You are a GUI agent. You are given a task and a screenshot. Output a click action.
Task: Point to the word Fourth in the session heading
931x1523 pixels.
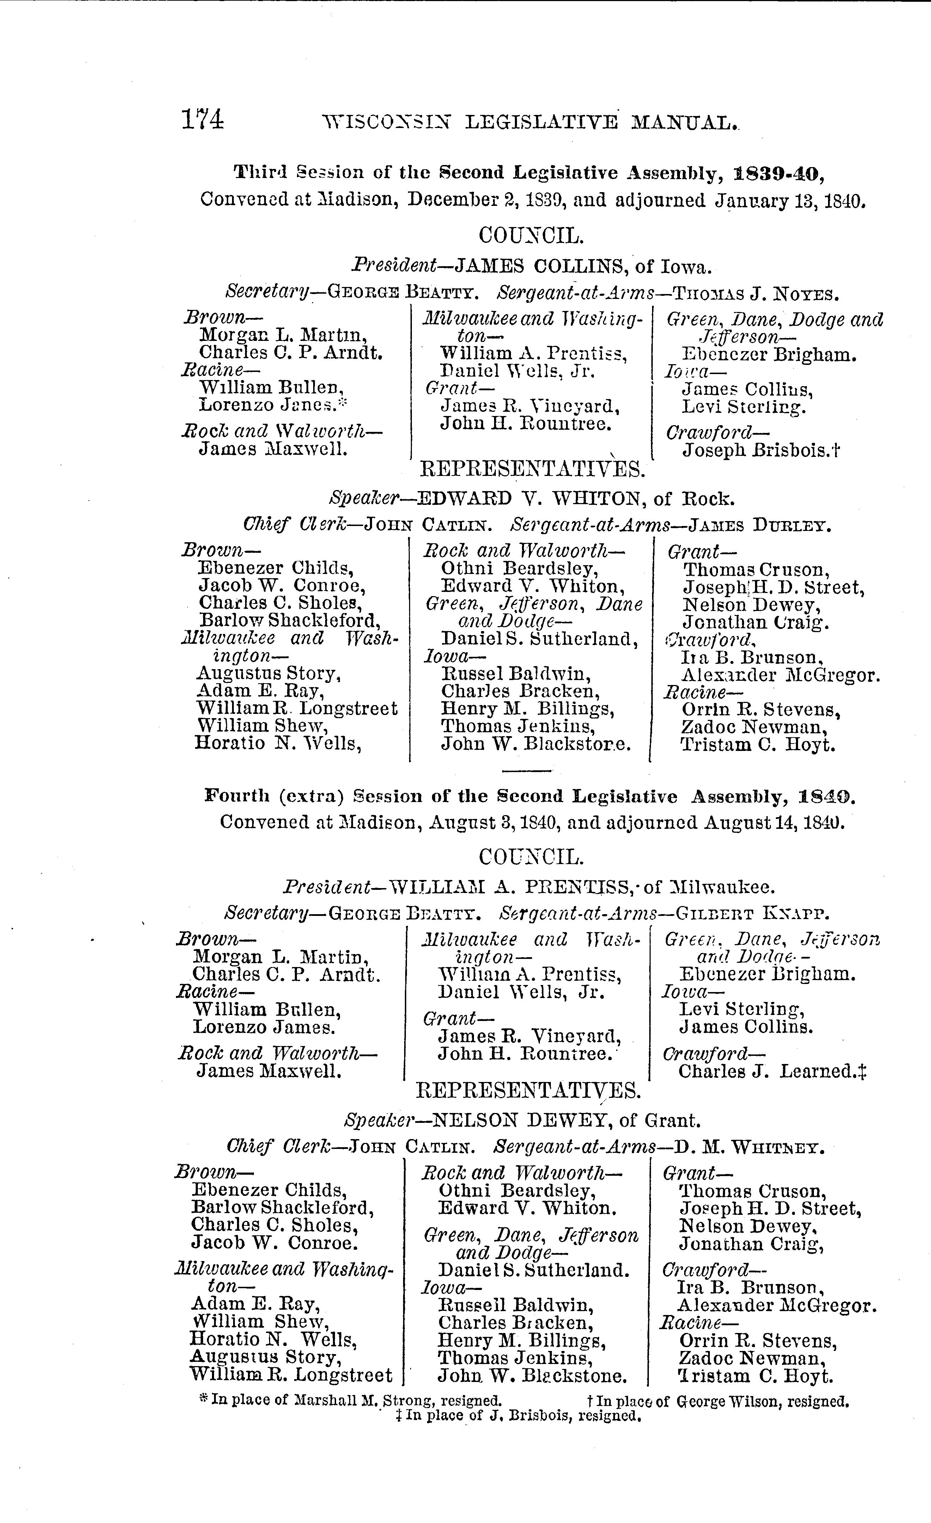pos(237,795)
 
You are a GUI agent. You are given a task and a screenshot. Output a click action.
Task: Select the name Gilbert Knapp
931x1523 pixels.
pos(752,913)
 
